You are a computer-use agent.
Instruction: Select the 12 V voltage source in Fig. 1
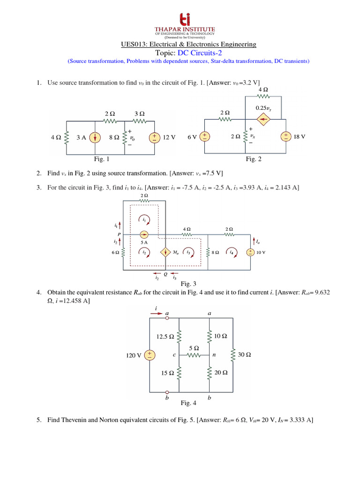point(154,138)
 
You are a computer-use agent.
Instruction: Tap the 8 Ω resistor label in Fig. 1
point(114,138)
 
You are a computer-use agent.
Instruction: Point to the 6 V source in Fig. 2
point(204,136)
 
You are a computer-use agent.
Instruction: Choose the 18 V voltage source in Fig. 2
point(285,136)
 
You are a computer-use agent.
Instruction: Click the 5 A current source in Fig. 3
point(144,234)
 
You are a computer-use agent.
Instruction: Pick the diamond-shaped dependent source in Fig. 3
point(165,252)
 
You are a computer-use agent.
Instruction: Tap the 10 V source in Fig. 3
point(250,252)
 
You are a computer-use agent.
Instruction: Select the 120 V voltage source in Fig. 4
point(149,355)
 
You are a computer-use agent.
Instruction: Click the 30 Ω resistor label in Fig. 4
point(244,355)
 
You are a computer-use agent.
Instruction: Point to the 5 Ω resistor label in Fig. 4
point(194,348)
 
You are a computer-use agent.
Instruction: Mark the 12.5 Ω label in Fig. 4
point(165,337)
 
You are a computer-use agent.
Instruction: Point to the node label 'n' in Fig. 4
point(214,355)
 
